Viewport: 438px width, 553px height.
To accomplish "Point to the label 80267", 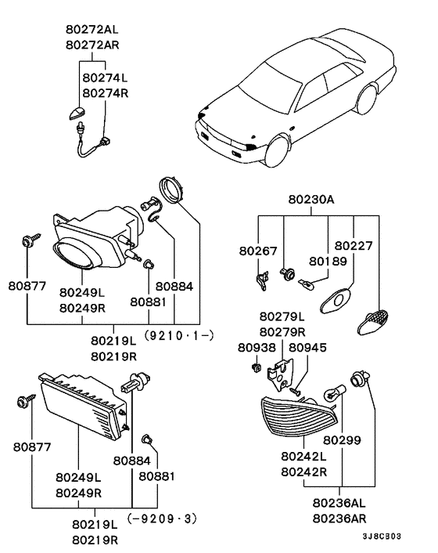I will coord(257,251).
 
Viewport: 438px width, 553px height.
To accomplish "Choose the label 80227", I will coord(354,246).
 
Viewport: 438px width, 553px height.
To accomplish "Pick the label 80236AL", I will coord(339,503).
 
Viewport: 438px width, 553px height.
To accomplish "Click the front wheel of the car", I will coord(277,148).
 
